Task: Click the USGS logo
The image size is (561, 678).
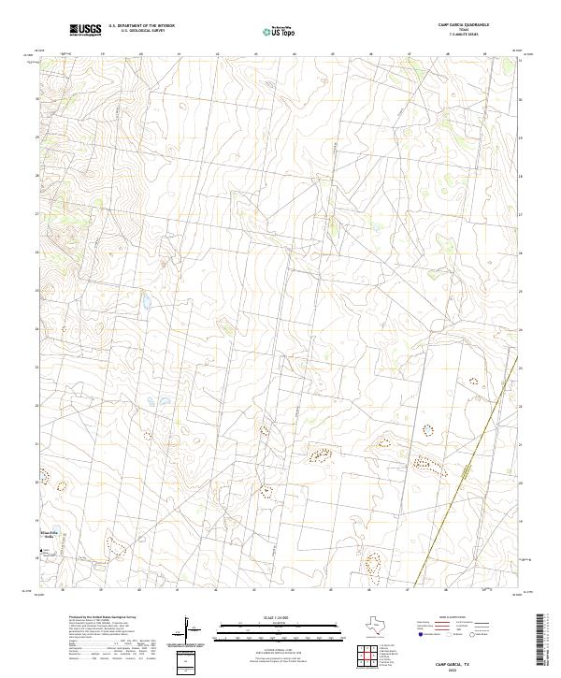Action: [85, 30]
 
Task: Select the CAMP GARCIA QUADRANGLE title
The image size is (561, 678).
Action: [464, 24]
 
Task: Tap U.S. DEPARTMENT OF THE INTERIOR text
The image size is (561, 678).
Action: [141, 25]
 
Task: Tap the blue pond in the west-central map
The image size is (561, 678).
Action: [147, 302]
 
